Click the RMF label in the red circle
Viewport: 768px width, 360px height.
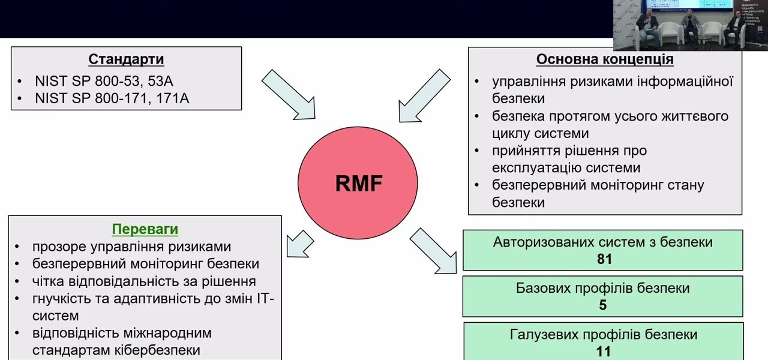point(358,184)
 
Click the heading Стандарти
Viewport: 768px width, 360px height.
point(126,59)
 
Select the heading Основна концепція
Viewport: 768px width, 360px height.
point(604,59)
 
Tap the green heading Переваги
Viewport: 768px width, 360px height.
point(145,229)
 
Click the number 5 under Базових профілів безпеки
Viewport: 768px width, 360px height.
point(602,305)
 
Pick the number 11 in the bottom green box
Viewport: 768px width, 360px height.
point(603,351)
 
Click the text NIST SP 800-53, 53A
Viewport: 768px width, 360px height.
point(104,81)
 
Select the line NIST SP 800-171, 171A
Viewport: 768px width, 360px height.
point(112,98)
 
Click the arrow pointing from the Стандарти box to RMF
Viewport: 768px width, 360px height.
point(289,94)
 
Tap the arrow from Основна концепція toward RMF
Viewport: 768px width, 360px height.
point(424,96)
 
